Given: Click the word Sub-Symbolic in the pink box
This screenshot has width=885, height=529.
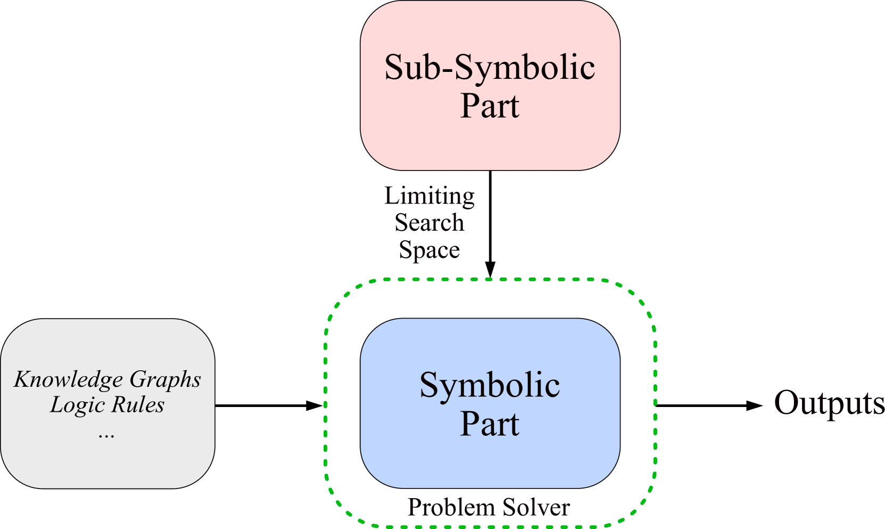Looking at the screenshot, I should click(490, 68).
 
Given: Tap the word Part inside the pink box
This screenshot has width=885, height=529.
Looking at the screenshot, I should click(490, 105).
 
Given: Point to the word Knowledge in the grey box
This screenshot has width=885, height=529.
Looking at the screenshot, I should click(69, 379).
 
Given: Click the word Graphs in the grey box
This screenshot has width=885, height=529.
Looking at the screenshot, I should click(165, 379).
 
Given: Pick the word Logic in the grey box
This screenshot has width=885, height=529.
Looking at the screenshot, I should click(71, 405).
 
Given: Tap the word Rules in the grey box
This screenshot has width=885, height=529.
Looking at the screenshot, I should click(138, 405).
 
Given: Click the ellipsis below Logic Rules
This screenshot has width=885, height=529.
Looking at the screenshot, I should click(106, 434).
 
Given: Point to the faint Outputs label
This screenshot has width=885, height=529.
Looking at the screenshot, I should click(828, 403).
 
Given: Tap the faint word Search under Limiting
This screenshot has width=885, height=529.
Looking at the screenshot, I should click(429, 222).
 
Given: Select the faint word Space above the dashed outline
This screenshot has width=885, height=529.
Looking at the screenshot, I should click(429, 249).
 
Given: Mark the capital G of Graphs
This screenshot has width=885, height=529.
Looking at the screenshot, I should click(136, 379).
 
